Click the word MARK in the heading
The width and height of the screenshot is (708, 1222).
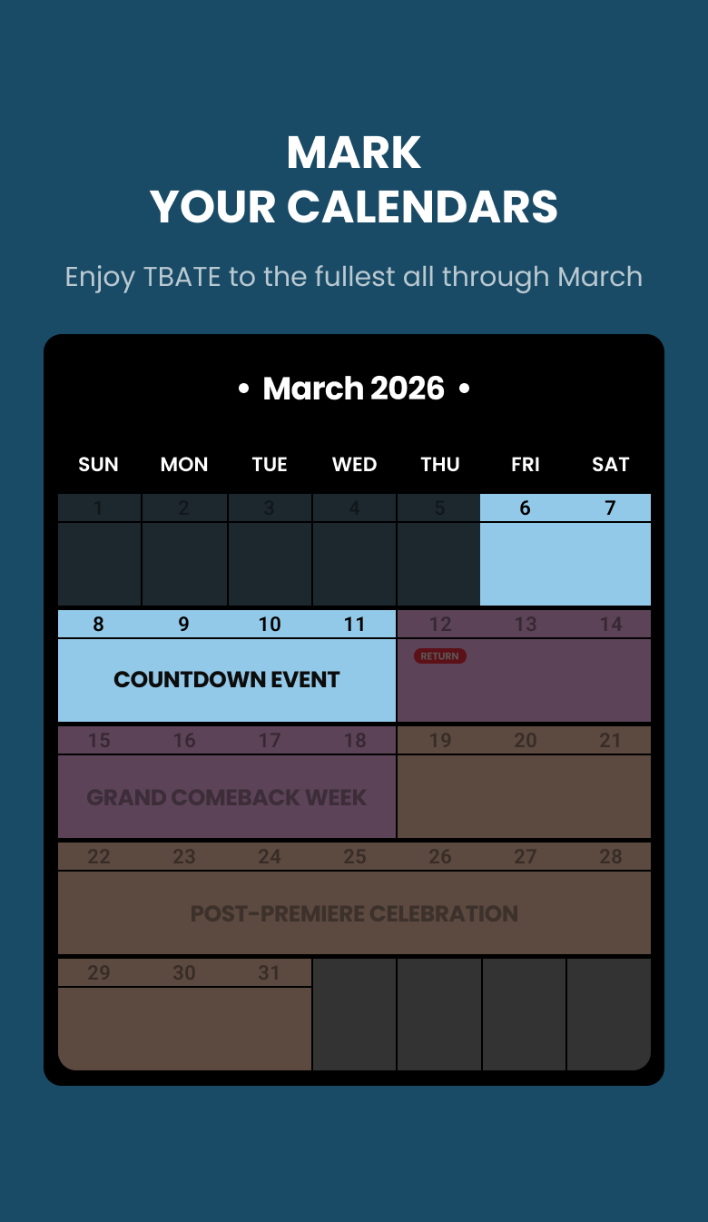(354, 153)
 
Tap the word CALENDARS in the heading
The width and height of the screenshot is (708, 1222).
(422, 207)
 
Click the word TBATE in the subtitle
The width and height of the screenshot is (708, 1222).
(182, 276)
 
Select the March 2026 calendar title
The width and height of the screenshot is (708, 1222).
(354, 389)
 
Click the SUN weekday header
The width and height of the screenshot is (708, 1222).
(98, 465)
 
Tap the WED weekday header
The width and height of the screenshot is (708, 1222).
(354, 465)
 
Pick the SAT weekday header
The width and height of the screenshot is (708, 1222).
(610, 465)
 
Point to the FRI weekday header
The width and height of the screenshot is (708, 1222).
(525, 465)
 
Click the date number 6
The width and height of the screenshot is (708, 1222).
(525, 508)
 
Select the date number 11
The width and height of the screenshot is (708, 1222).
(354, 625)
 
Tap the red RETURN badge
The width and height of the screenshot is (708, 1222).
(440, 655)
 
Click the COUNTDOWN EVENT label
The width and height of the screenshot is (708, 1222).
(227, 679)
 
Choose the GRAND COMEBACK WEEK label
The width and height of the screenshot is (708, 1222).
(227, 797)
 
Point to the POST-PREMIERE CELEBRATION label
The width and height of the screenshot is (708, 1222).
(354, 913)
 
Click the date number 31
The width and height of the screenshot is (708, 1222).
(269, 973)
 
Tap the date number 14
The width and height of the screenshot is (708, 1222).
(611, 625)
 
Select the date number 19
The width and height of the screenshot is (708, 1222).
(440, 741)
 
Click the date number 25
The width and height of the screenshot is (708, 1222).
(354, 857)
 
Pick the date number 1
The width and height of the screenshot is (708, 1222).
(98, 508)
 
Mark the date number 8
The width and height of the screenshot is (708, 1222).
(98, 625)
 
